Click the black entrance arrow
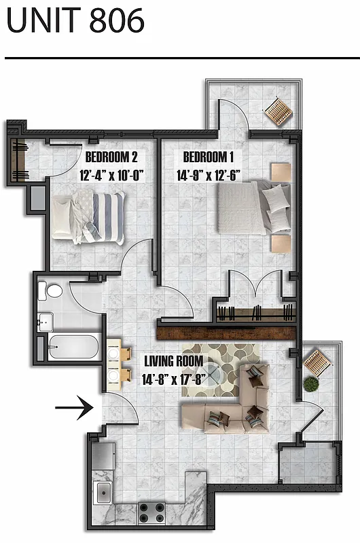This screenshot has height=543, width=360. pos(73,409)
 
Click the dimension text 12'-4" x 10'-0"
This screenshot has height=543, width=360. pos(112,175)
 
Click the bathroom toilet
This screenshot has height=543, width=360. pos(51,291)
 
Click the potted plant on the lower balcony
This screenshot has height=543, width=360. pos(311,383)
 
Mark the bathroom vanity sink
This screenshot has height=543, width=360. pos(46,320)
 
